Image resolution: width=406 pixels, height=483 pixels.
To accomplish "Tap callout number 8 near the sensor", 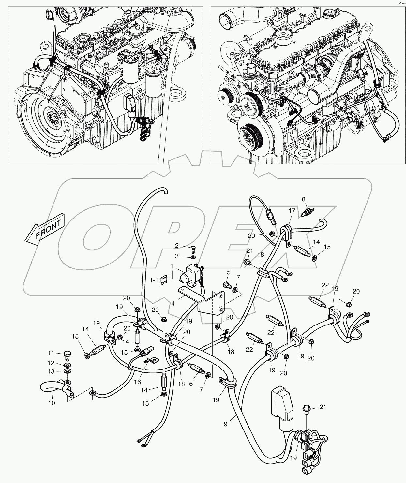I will coord(303,199).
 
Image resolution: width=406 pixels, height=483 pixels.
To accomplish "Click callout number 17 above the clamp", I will coord(291,211).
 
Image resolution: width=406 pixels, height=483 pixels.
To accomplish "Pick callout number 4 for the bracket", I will coord(173,303).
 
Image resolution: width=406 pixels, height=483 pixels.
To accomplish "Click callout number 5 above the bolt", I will coord(229,272).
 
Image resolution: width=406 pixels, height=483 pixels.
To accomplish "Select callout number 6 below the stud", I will coord(191,384).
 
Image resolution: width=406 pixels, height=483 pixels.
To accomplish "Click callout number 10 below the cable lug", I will coord(52,403).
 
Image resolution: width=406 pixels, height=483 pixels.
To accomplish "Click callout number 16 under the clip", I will coord(137,382).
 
